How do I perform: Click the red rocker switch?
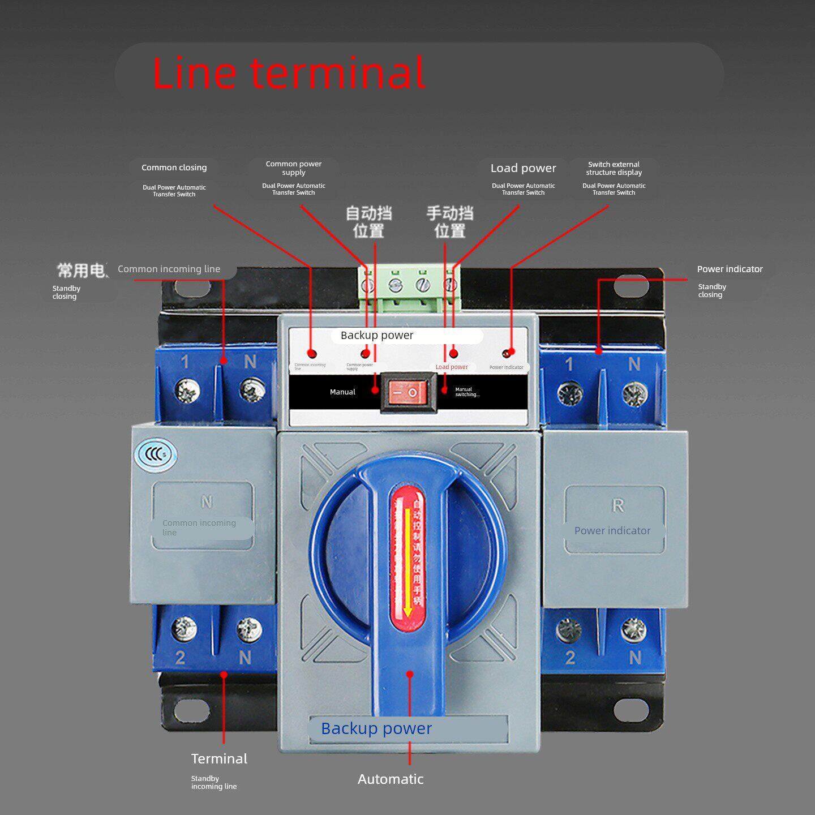[408, 392]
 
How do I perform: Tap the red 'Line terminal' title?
[289, 72]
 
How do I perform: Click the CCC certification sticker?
[155, 454]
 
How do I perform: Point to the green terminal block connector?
[409, 289]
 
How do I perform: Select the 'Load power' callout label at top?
[523, 168]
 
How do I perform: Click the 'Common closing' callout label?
[174, 168]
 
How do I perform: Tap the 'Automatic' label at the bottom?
[391, 779]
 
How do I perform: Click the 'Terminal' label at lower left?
[219, 758]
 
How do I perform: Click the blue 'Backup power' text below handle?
[376, 728]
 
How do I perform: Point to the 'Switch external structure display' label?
[614, 168]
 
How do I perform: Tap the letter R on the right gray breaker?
[617, 505]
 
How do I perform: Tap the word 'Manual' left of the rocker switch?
[342, 392]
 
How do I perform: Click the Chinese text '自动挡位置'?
[368, 222]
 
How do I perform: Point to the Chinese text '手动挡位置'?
[449, 222]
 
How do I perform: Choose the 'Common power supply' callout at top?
[293, 168]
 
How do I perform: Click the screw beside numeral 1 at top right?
[567, 393]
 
